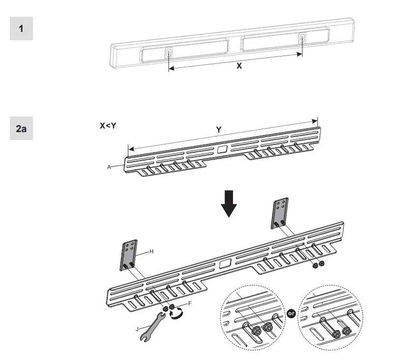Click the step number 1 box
(x=21, y=28)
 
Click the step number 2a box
(x=21, y=129)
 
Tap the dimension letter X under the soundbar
(x=239, y=65)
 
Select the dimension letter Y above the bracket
(x=219, y=130)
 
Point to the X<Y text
(x=108, y=126)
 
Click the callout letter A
(x=109, y=167)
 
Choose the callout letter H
(x=151, y=251)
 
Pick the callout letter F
(x=190, y=304)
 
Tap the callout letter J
(x=137, y=329)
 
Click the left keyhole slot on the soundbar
(x=169, y=53)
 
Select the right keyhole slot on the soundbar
(x=302, y=39)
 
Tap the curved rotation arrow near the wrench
(x=176, y=313)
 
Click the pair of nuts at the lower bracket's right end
(x=317, y=265)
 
